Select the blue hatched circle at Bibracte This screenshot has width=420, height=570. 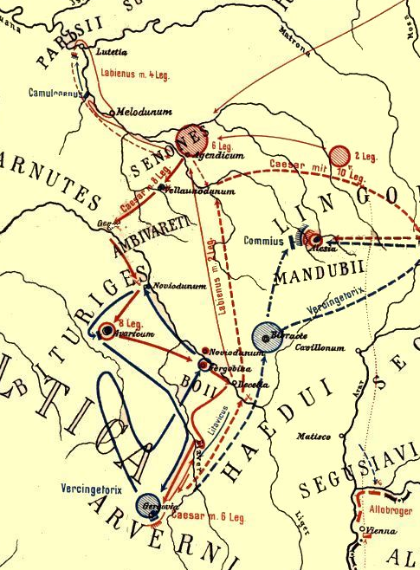click(265, 337)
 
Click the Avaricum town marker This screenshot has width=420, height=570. click(107, 330)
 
